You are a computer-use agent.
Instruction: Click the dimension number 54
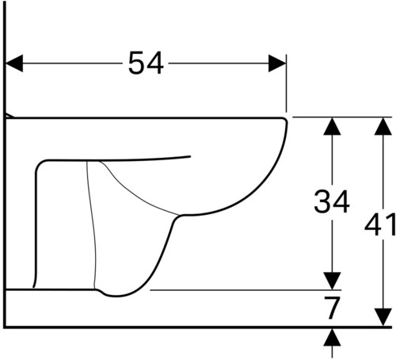146,63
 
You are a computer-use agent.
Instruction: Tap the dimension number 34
332,201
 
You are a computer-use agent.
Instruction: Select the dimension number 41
380,224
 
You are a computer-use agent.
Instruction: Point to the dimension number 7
332,308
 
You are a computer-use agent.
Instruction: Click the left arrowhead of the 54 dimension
14,63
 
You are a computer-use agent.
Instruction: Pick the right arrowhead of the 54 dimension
277,63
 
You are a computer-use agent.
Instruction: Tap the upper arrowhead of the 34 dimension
332,126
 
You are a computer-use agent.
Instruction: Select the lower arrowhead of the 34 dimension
332,281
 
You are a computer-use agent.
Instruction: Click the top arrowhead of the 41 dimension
383,126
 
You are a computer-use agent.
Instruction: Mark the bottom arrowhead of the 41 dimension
383,317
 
